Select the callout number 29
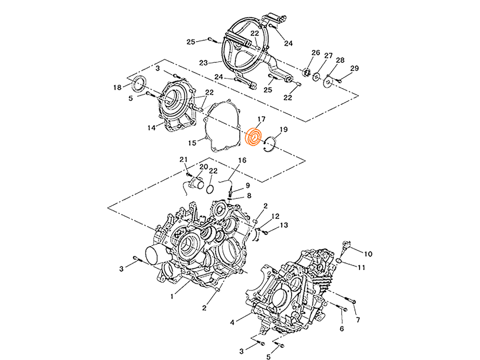point(356,69)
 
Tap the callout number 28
point(343,60)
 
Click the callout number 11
point(361,266)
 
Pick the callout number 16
point(242,161)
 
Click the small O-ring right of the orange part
point(269,145)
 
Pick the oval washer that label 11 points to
point(351,260)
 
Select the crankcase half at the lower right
point(291,291)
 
